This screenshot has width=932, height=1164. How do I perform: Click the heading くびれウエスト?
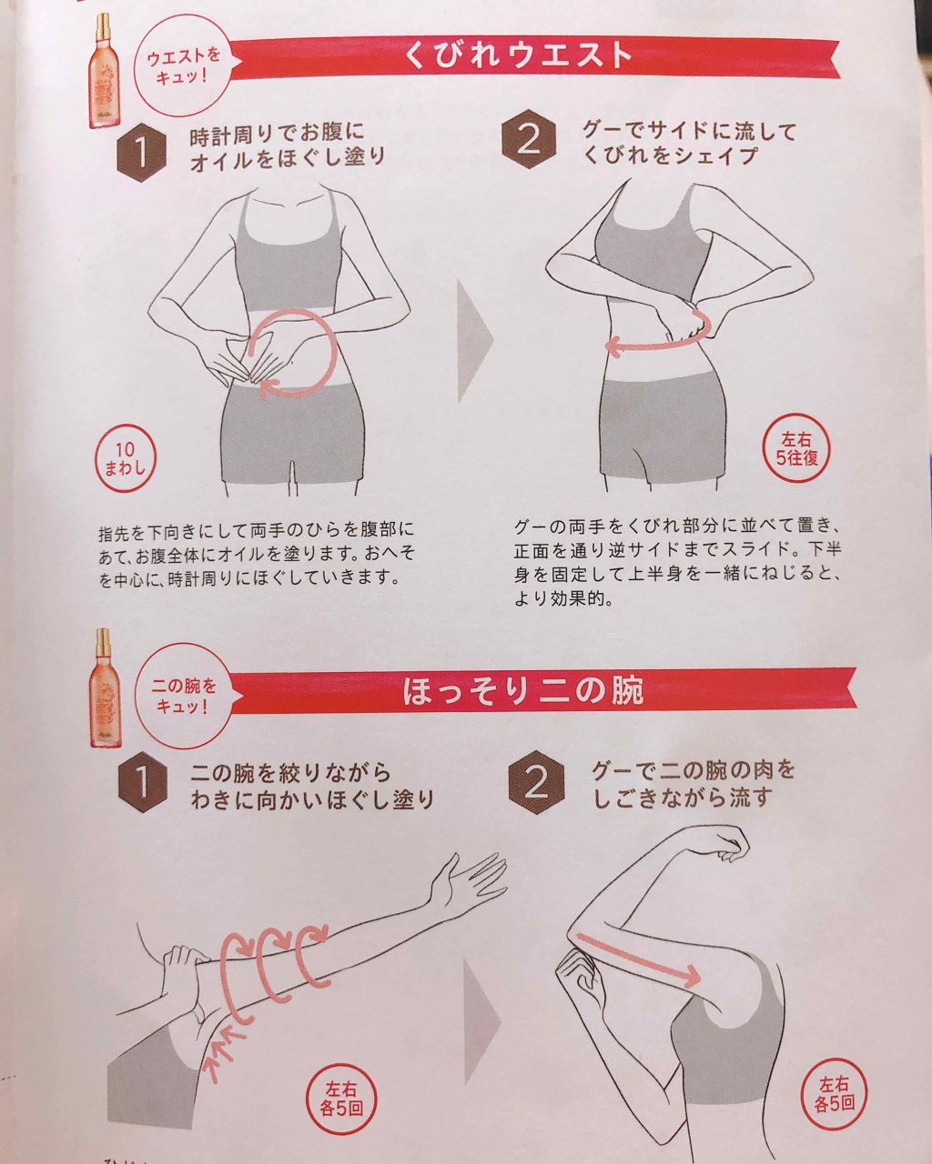point(518,55)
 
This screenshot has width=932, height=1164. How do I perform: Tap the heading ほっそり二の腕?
point(522,691)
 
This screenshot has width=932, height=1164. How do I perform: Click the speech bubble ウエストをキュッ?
point(182,67)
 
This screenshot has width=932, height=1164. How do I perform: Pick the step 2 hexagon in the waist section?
point(529,139)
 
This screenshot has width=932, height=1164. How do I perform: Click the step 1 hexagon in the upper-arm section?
point(143,781)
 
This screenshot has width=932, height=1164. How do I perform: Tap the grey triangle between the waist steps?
point(475,341)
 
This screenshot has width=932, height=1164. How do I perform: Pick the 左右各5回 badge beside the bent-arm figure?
point(834,1077)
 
